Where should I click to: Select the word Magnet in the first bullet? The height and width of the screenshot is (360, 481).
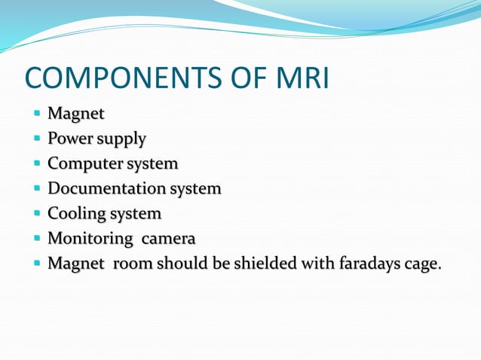pos(75,114)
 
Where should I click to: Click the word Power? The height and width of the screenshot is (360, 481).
pos(69,139)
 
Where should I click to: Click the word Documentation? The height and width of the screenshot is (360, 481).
pos(106,188)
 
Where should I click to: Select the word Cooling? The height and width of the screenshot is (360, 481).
pos(75,214)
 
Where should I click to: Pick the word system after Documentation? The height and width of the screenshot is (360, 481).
pos(195,189)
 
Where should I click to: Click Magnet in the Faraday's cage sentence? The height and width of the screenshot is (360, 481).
pos(75,264)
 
